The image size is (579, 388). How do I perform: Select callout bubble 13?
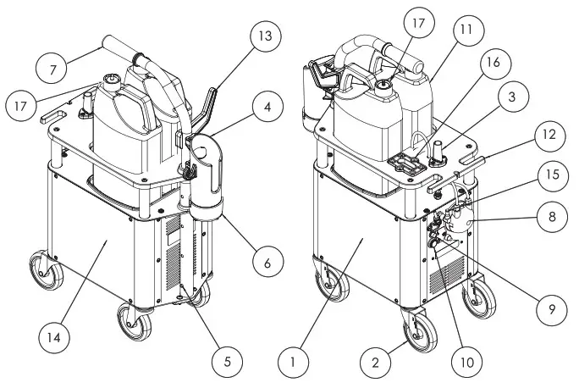click(267, 36)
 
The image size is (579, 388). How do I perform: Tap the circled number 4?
click(267, 108)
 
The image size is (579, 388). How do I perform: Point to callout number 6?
click(267, 263)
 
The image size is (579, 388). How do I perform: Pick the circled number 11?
click(466, 30)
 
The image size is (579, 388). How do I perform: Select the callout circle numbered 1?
click(293, 362)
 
